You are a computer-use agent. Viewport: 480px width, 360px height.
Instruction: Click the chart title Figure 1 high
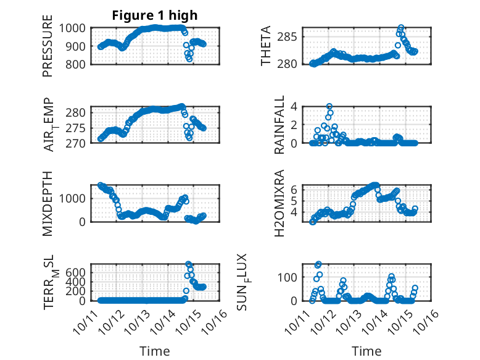coord(154,15)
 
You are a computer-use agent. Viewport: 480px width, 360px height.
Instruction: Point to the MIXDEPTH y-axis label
coord(48,203)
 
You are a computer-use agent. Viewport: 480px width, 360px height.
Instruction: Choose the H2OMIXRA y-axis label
coord(279,203)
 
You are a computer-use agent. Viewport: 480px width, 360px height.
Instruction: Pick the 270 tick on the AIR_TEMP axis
coord(80,143)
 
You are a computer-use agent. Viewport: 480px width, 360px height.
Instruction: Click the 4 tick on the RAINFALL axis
coord(303,106)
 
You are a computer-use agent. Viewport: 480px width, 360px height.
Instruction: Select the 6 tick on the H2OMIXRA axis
coord(303,189)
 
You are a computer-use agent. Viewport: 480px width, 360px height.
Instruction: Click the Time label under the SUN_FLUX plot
coord(366,351)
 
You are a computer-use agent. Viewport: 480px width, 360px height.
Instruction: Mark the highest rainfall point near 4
coord(329,106)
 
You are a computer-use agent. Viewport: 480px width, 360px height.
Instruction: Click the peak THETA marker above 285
coord(401,28)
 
